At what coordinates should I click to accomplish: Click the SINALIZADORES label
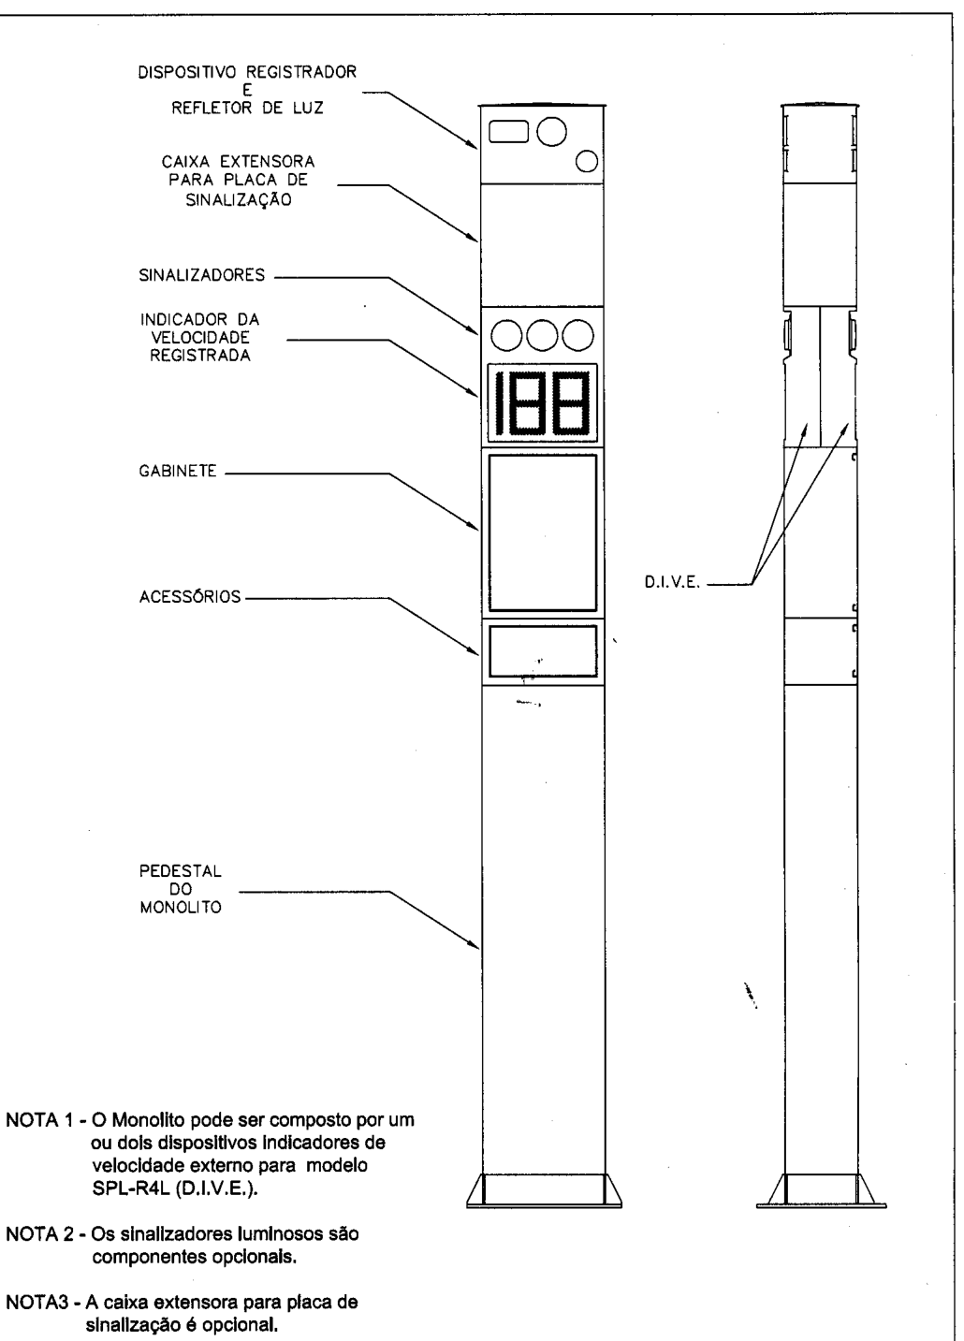coord(202,275)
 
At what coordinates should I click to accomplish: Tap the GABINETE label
coord(177,471)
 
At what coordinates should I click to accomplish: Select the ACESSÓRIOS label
coord(190,596)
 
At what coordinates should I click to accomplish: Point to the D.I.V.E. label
coord(672,582)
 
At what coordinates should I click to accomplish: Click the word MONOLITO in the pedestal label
coord(181,908)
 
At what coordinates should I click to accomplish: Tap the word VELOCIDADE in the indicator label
coord(200,337)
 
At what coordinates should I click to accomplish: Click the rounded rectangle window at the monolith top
coord(508,132)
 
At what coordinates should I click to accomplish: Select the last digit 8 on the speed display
coord(570,403)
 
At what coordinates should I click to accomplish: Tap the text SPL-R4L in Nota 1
coord(129,1188)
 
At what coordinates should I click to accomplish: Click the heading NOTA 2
coord(41,1234)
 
